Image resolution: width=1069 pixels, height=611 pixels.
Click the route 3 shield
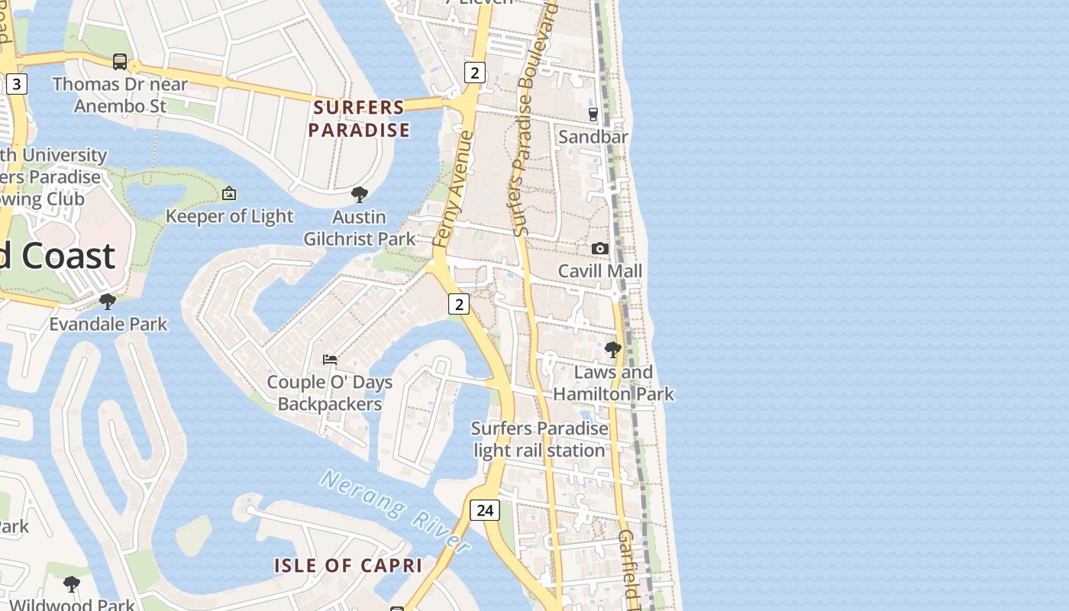[17, 84]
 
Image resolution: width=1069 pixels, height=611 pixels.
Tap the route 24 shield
[484, 509]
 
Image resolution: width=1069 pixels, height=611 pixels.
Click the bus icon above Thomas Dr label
[120, 61]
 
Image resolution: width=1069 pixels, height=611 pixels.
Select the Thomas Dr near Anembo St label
[120, 95]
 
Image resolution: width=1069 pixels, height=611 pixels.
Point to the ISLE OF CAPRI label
[348, 566]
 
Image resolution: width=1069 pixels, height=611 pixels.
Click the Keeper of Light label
[229, 216]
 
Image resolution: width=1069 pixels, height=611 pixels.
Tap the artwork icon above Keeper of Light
[229, 194]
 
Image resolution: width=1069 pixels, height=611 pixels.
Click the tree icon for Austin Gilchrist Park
[359, 195]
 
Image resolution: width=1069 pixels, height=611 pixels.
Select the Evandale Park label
[108, 324]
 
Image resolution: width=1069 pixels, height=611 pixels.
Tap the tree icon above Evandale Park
[108, 302]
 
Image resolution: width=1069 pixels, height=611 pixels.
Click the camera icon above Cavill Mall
[600, 248]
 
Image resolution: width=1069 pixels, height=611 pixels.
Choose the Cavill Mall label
[600, 271]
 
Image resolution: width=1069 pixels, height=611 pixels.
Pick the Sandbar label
[593, 137]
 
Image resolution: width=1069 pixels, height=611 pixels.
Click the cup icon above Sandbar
[593, 115]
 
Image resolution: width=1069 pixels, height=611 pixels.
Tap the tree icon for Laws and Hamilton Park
[612, 350]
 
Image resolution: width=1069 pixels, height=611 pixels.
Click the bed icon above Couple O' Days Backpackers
[330, 359]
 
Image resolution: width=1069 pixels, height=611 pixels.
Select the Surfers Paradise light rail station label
[540, 439]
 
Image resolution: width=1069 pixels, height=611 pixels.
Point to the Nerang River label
[395, 510]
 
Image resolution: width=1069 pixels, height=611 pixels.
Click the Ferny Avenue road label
[454, 189]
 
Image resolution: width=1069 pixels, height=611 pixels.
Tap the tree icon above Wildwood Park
[72, 584]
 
